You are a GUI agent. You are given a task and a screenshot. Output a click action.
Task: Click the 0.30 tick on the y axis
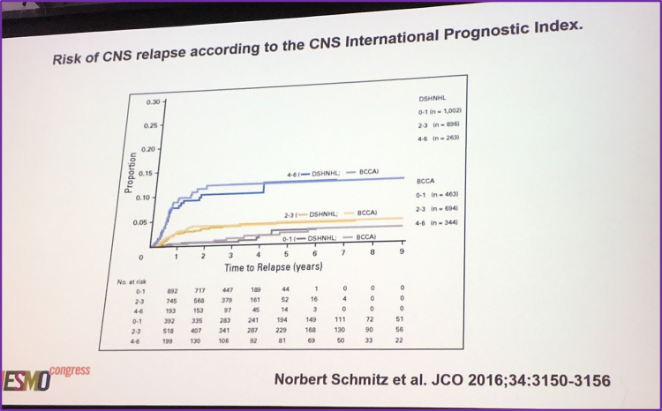[153, 102]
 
